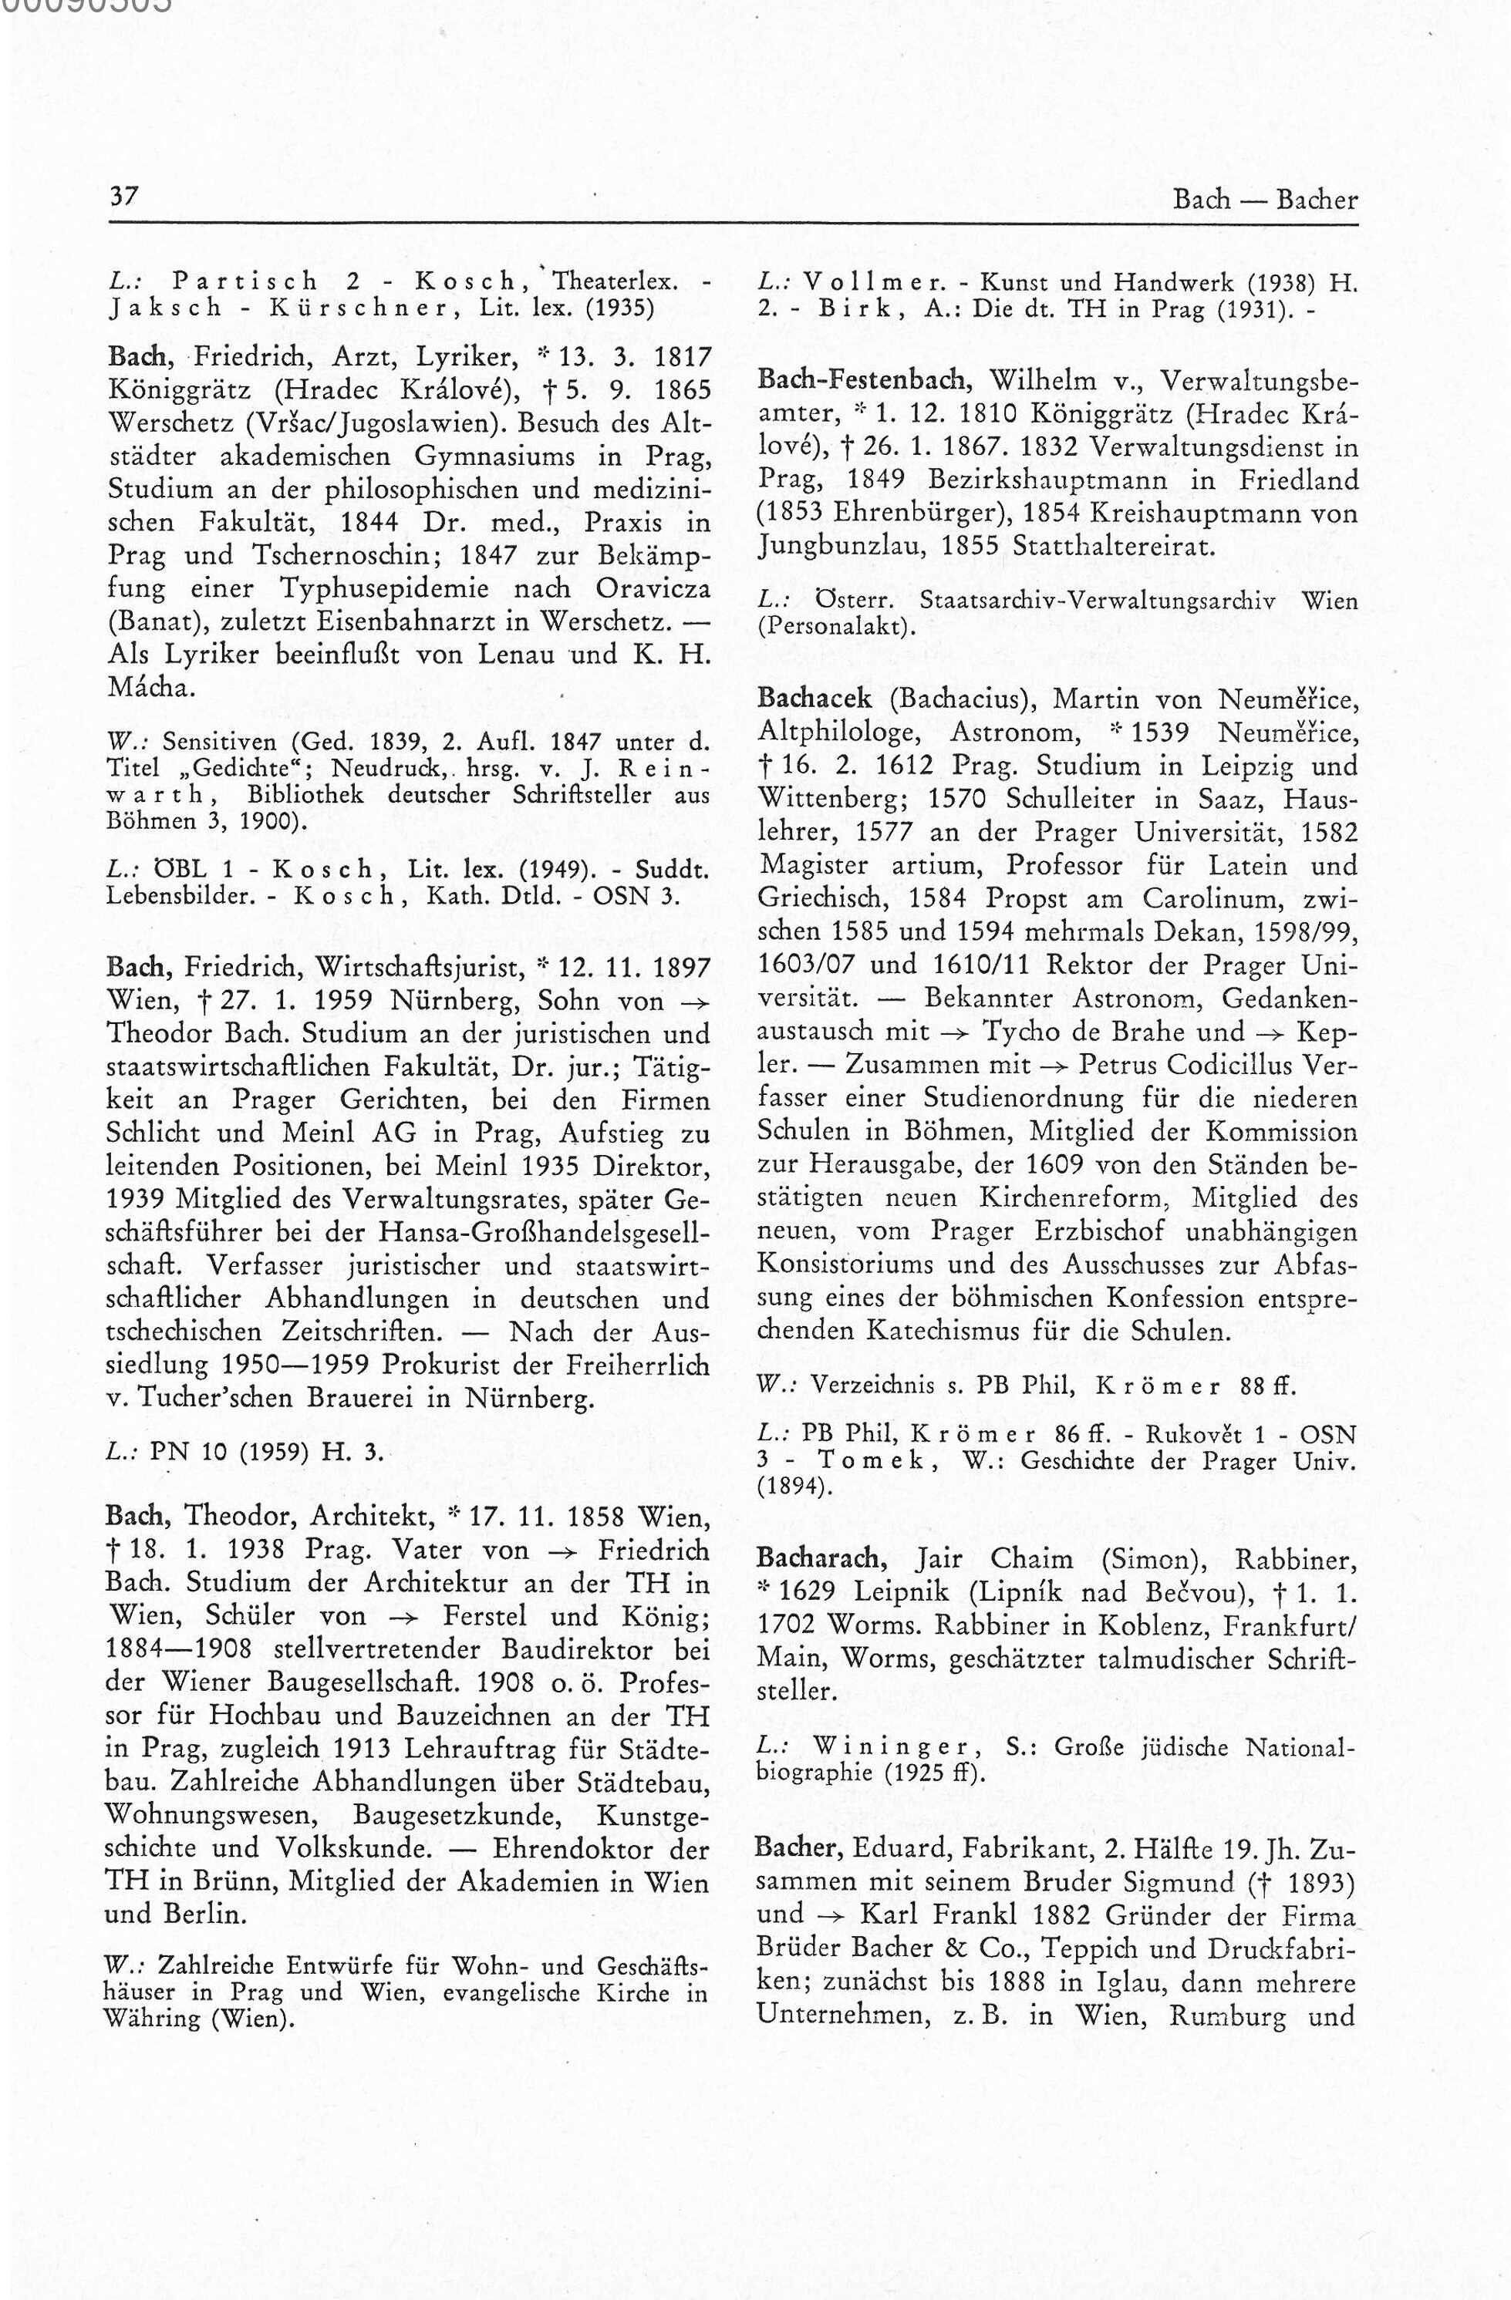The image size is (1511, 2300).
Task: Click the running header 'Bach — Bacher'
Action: click(1264, 199)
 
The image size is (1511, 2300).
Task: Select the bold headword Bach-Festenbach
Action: click(858, 381)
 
